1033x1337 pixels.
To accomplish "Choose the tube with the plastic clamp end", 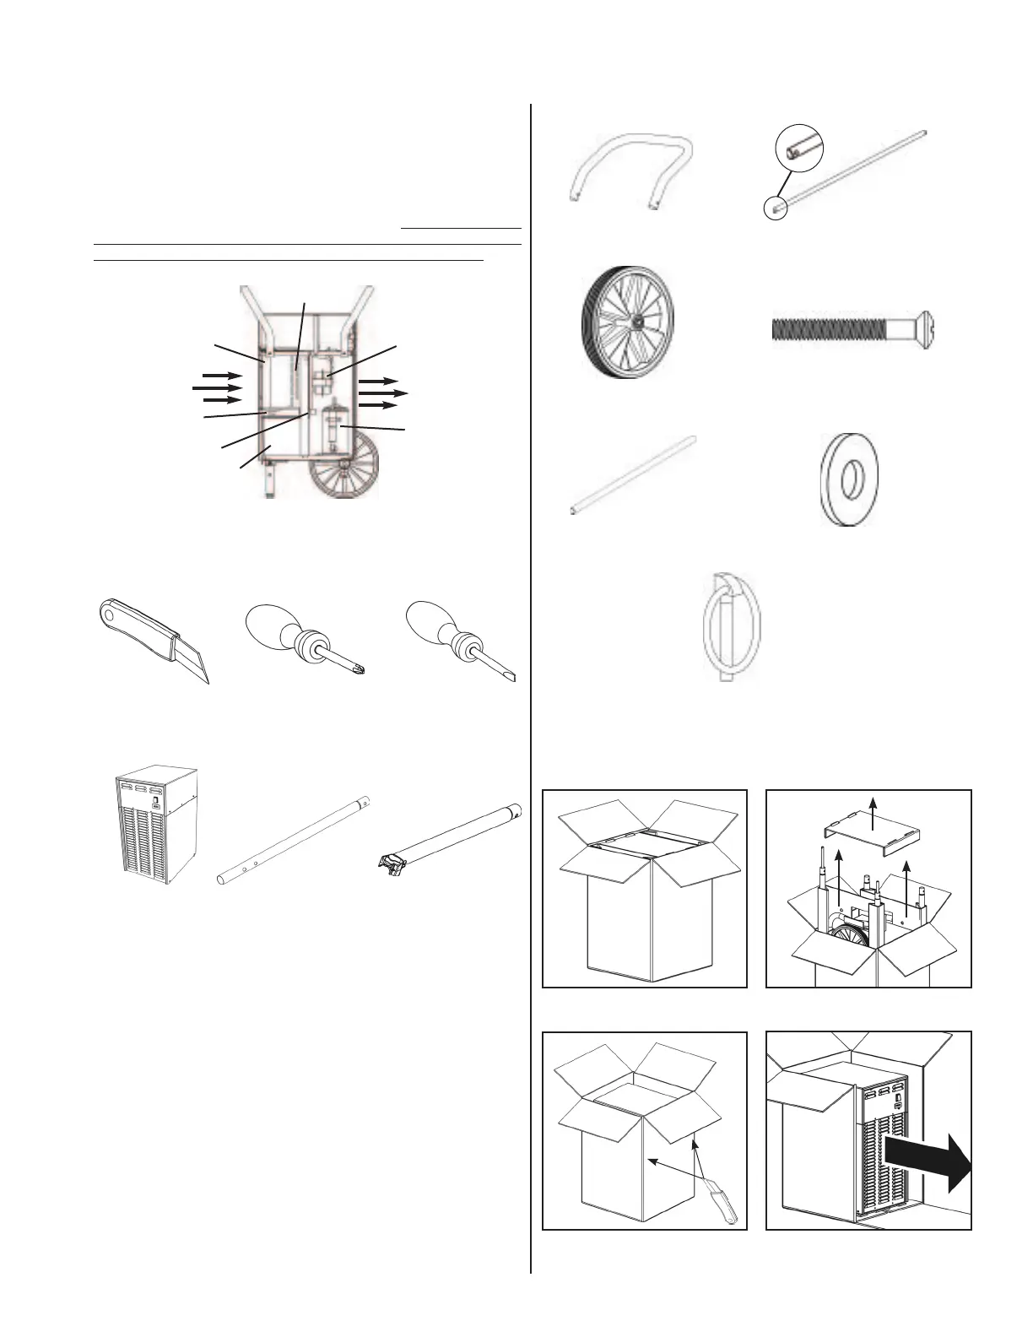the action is click(x=446, y=835).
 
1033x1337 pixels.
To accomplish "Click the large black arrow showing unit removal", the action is click(x=929, y=1156).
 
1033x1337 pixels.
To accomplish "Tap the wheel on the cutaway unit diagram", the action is click(x=346, y=468).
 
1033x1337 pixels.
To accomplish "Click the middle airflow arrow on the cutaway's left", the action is click(x=217, y=387).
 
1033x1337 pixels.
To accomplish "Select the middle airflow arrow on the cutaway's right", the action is click(x=384, y=393).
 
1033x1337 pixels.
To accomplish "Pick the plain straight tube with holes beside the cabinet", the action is click(x=295, y=839).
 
